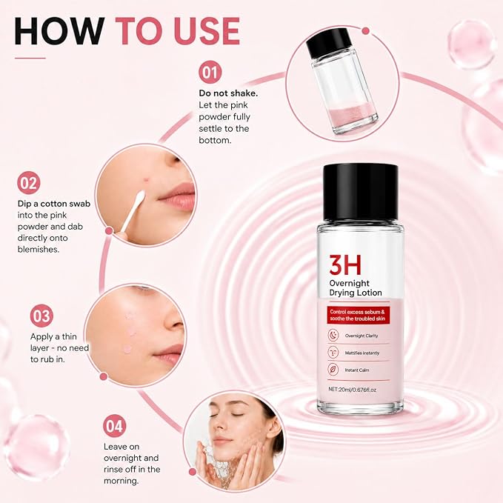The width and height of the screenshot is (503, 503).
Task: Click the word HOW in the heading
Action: [59, 31]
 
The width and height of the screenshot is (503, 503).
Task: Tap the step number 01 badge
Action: [210, 73]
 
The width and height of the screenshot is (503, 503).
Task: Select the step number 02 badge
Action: [29, 183]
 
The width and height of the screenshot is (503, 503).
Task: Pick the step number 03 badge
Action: [41, 316]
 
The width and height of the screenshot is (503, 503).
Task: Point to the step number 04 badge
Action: [115, 426]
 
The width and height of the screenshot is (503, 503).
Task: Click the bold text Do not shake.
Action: [228, 93]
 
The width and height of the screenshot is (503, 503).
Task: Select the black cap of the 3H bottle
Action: [361, 193]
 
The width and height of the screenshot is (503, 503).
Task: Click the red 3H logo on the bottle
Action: [345, 265]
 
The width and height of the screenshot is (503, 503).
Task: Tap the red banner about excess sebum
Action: [358, 315]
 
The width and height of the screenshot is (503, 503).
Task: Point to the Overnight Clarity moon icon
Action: [333, 336]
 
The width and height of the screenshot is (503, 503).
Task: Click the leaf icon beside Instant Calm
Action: [333, 370]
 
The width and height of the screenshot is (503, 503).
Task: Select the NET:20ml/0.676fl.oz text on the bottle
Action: [352, 390]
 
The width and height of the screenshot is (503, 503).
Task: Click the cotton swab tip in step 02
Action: [140, 196]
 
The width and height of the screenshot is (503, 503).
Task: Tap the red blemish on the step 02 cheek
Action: [147, 179]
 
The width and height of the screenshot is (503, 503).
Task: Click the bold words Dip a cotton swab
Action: [54, 204]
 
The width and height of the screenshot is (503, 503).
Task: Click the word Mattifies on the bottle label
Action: [353, 353]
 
